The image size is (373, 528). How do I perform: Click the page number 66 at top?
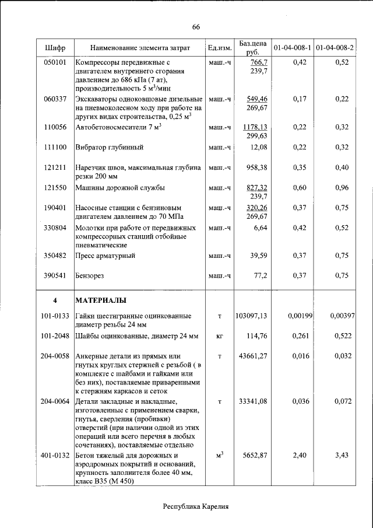[196, 27]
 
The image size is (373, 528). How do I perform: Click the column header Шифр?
[55, 47]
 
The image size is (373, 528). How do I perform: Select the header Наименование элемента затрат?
[140, 47]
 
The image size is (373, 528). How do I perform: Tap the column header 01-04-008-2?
[335, 47]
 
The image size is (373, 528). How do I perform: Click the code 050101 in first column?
[55, 62]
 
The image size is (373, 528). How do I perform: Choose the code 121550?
[55, 188]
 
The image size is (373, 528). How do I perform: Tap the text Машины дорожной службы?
[120, 188]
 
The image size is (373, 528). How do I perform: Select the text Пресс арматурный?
[105, 256]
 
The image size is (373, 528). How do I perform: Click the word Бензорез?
[92, 275]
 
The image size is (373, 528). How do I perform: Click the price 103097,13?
[251, 316]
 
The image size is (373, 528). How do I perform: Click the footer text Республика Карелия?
[196, 506]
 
